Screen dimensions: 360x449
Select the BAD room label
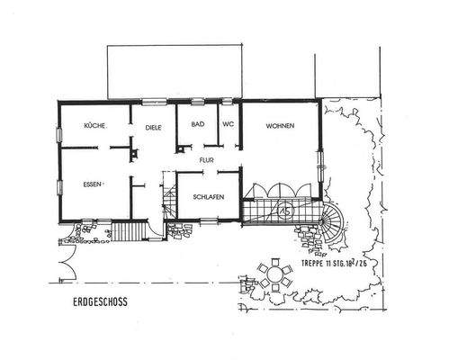[x=197, y=125]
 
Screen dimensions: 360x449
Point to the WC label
[x=228, y=125]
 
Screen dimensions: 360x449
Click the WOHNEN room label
[x=280, y=127]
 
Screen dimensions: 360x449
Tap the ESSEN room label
[x=92, y=184]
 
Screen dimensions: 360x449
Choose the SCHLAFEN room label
[x=207, y=199]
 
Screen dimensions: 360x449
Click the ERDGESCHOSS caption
[x=102, y=303]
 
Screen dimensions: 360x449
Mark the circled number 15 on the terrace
[x=284, y=207]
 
